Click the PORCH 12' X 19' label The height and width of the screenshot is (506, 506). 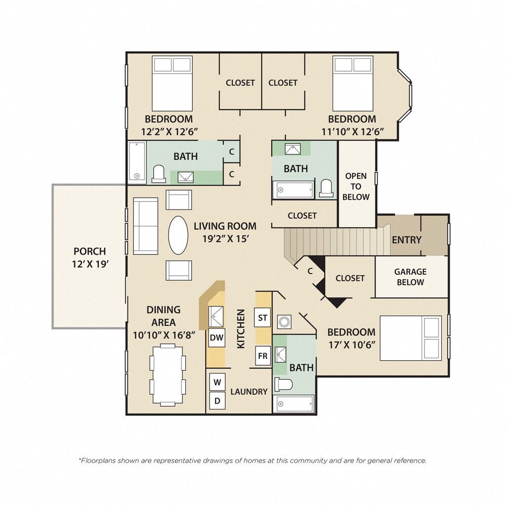(x=89, y=257)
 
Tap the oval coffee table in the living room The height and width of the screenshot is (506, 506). (x=178, y=235)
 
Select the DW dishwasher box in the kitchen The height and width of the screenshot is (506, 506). (x=216, y=338)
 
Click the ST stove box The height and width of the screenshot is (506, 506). (x=262, y=317)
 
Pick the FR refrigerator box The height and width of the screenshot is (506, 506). (x=262, y=356)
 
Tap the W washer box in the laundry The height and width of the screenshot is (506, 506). (x=217, y=382)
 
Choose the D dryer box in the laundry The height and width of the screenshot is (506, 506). (x=217, y=401)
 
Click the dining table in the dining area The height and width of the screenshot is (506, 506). (x=168, y=375)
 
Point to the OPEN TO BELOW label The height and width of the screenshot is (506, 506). (x=356, y=186)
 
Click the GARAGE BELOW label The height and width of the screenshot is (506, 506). (x=410, y=277)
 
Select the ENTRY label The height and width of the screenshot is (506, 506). (x=406, y=240)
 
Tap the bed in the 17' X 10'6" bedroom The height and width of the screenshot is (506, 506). (x=410, y=338)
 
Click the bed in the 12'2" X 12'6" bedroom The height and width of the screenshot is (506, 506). (x=171, y=84)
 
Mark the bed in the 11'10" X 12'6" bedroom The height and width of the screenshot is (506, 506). (x=352, y=84)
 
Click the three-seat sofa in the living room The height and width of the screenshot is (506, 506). (x=145, y=226)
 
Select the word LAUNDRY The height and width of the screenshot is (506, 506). (x=249, y=391)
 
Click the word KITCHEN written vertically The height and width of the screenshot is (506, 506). (x=241, y=329)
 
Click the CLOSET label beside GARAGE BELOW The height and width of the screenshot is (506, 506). (x=350, y=278)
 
